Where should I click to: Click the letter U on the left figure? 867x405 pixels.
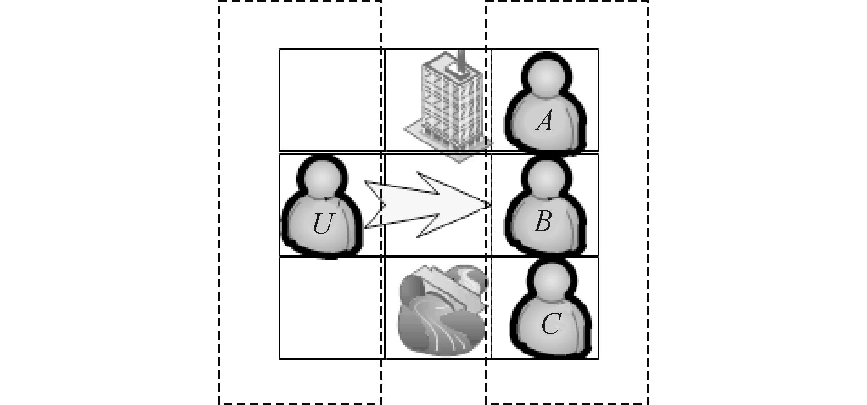pyautogui.click(x=322, y=224)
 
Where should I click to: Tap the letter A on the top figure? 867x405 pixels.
pyautogui.click(x=544, y=122)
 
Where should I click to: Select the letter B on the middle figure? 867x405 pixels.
pyautogui.click(x=543, y=222)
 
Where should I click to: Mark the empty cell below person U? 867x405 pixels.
pyautogui.click(x=330, y=308)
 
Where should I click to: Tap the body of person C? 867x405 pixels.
pyautogui.click(x=550, y=328)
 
